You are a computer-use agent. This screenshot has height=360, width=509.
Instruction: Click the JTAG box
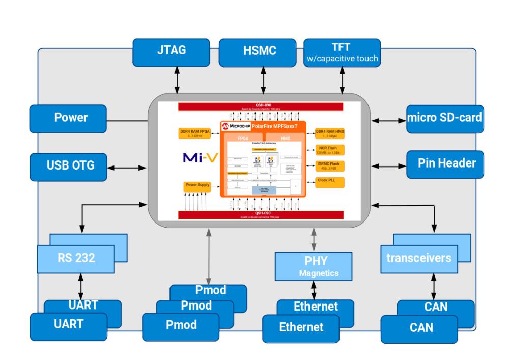coord(171,51)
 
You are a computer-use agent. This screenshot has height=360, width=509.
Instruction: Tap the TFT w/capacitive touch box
coord(342,52)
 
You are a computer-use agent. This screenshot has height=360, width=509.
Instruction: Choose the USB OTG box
coord(68,165)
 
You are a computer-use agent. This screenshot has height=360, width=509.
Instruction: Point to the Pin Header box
coord(444,163)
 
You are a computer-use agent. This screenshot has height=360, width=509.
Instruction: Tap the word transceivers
coord(418,258)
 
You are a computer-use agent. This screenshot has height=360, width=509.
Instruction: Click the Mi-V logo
coord(200,158)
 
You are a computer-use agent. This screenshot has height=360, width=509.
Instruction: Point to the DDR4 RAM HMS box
coord(329,133)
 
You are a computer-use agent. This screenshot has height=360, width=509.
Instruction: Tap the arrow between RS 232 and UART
coord(80,288)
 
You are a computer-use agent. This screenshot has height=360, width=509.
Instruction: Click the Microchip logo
coord(236,125)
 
